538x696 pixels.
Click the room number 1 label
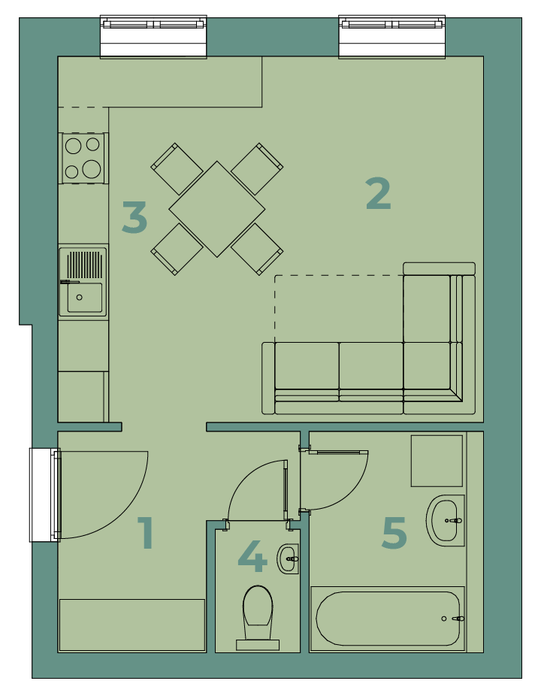(x=146, y=532)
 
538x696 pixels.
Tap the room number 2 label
(x=379, y=193)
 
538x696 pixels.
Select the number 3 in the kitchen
(x=134, y=217)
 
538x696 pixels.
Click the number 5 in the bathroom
(x=394, y=533)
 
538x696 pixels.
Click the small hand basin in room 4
(x=288, y=558)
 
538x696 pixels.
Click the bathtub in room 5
(x=388, y=619)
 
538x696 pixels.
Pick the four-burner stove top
(x=83, y=158)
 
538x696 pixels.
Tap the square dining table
(x=217, y=209)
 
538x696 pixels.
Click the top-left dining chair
(x=177, y=168)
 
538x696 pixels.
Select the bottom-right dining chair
(x=257, y=249)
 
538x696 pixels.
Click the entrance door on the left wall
(x=45, y=495)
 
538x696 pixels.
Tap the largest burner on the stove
(x=92, y=168)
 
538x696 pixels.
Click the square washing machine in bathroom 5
(x=437, y=461)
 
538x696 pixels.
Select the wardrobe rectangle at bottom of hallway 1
(x=132, y=625)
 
